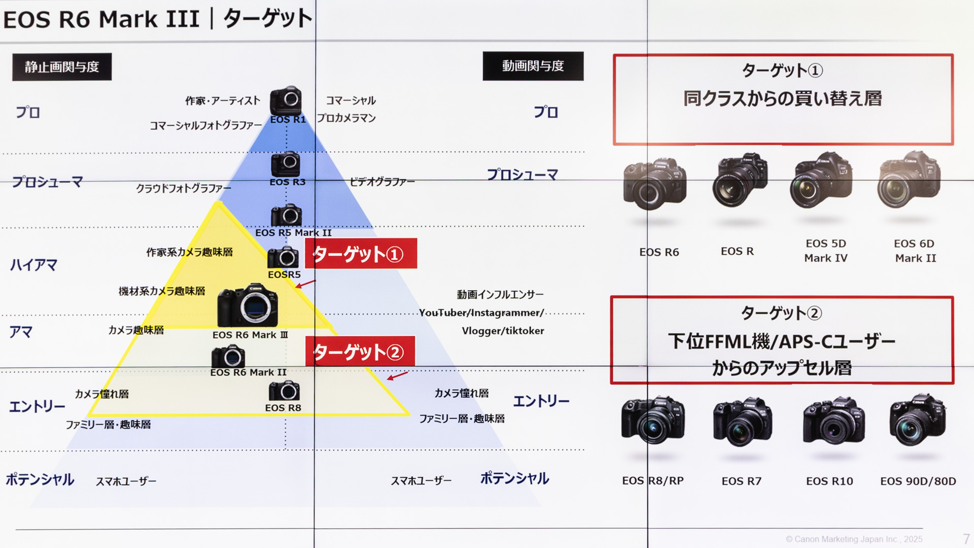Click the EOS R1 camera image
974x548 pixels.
coord(286,100)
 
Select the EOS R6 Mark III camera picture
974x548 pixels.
coord(248,305)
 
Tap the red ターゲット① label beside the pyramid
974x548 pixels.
coord(361,253)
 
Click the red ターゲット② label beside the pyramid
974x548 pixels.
coord(360,351)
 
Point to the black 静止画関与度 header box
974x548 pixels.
coord(62,66)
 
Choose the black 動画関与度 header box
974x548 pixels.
coord(533,66)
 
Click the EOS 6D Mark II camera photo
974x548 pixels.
coord(909,180)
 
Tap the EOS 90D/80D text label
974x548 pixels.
coord(918,481)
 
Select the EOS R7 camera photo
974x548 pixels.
coord(742,422)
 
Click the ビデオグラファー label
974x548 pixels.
coord(382,182)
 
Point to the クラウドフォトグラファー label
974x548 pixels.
coord(184,188)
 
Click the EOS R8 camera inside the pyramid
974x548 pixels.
coord(284,391)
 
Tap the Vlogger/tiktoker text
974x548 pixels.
coord(503,331)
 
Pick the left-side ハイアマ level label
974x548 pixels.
coord(33,265)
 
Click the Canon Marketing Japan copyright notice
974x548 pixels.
coord(854,539)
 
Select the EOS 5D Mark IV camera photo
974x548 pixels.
coord(821,180)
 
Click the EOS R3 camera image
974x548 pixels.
coord(286,164)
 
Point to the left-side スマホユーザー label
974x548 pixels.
coord(126,481)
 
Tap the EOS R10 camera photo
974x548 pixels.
coord(833,421)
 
